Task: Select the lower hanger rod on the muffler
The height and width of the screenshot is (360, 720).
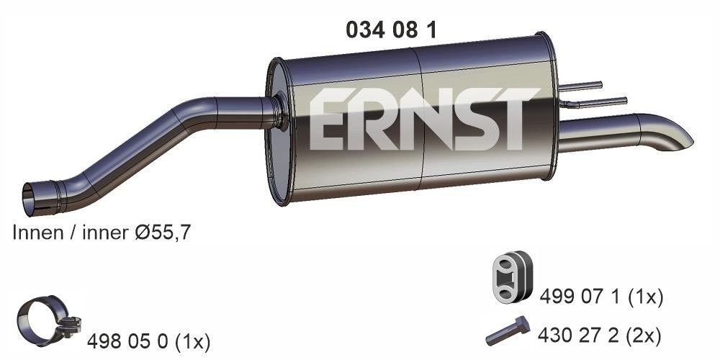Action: pyautogui.click(x=596, y=103)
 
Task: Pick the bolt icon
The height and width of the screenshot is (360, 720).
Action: pyautogui.click(x=508, y=331)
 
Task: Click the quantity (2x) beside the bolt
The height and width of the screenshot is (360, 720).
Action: pyautogui.click(x=644, y=334)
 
